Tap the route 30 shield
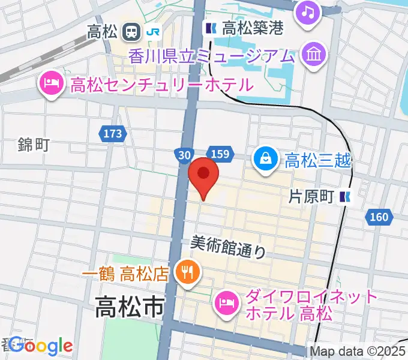pyautogui.click(x=184, y=155)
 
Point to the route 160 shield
pyautogui.click(x=380, y=217)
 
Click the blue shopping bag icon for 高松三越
pyautogui.click(x=265, y=159)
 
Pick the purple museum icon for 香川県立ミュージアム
pyautogui.click(x=314, y=56)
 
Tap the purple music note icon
pyautogui.click(x=307, y=13)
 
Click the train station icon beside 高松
pyautogui.click(x=131, y=31)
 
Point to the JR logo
pyautogui.click(x=154, y=31)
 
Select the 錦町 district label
pyautogui.click(x=33, y=144)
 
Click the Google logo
pyautogui.click(x=41, y=346)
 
